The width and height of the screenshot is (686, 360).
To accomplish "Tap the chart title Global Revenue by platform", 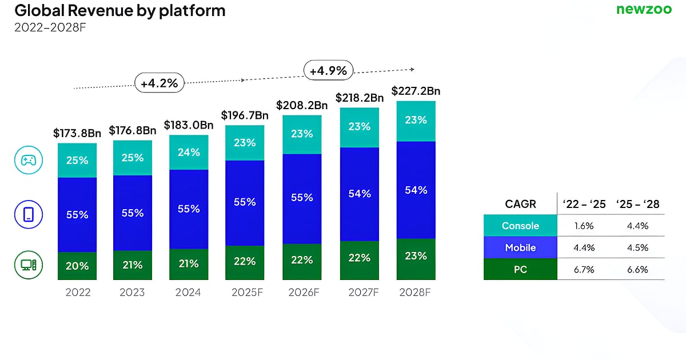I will click(119, 10).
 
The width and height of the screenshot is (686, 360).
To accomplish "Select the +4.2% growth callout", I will click(159, 83).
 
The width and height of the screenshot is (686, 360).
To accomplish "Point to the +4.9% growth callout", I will click(328, 71).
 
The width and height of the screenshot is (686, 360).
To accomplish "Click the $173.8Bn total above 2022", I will click(77, 133).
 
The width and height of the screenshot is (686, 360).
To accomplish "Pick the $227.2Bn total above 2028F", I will click(416, 91).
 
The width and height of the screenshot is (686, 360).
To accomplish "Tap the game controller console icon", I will click(27, 161).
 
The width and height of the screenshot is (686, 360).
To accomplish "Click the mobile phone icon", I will click(27, 214).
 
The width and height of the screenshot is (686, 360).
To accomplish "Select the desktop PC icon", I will click(27, 266).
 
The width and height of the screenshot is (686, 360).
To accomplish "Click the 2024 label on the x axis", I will click(188, 293).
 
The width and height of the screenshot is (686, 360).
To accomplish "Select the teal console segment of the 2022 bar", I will click(77, 160).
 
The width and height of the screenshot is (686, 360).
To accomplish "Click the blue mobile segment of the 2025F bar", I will click(245, 203).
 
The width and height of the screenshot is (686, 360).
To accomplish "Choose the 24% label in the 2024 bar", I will click(188, 152).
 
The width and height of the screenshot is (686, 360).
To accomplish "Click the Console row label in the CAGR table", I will click(520, 226).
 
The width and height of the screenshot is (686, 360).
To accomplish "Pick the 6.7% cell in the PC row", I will click(584, 269).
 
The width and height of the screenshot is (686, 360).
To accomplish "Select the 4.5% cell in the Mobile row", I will click(637, 247).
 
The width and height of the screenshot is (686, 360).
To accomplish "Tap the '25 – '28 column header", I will click(637, 204).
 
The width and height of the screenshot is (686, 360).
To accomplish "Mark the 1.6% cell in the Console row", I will click(584, 226).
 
